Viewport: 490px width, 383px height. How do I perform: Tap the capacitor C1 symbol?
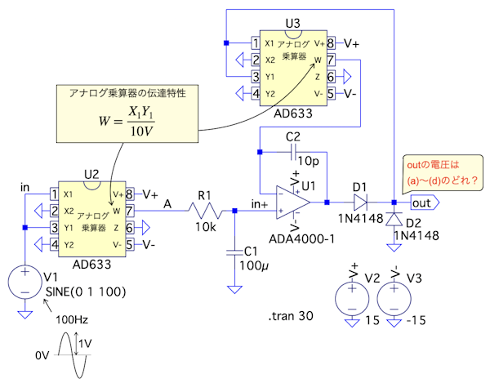(x=235, y=250)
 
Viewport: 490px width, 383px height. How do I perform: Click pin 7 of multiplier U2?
(x=129, y=211)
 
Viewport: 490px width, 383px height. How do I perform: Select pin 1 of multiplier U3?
(x=256, y=42)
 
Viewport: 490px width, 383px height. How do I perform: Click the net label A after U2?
(x=167, y=203)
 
